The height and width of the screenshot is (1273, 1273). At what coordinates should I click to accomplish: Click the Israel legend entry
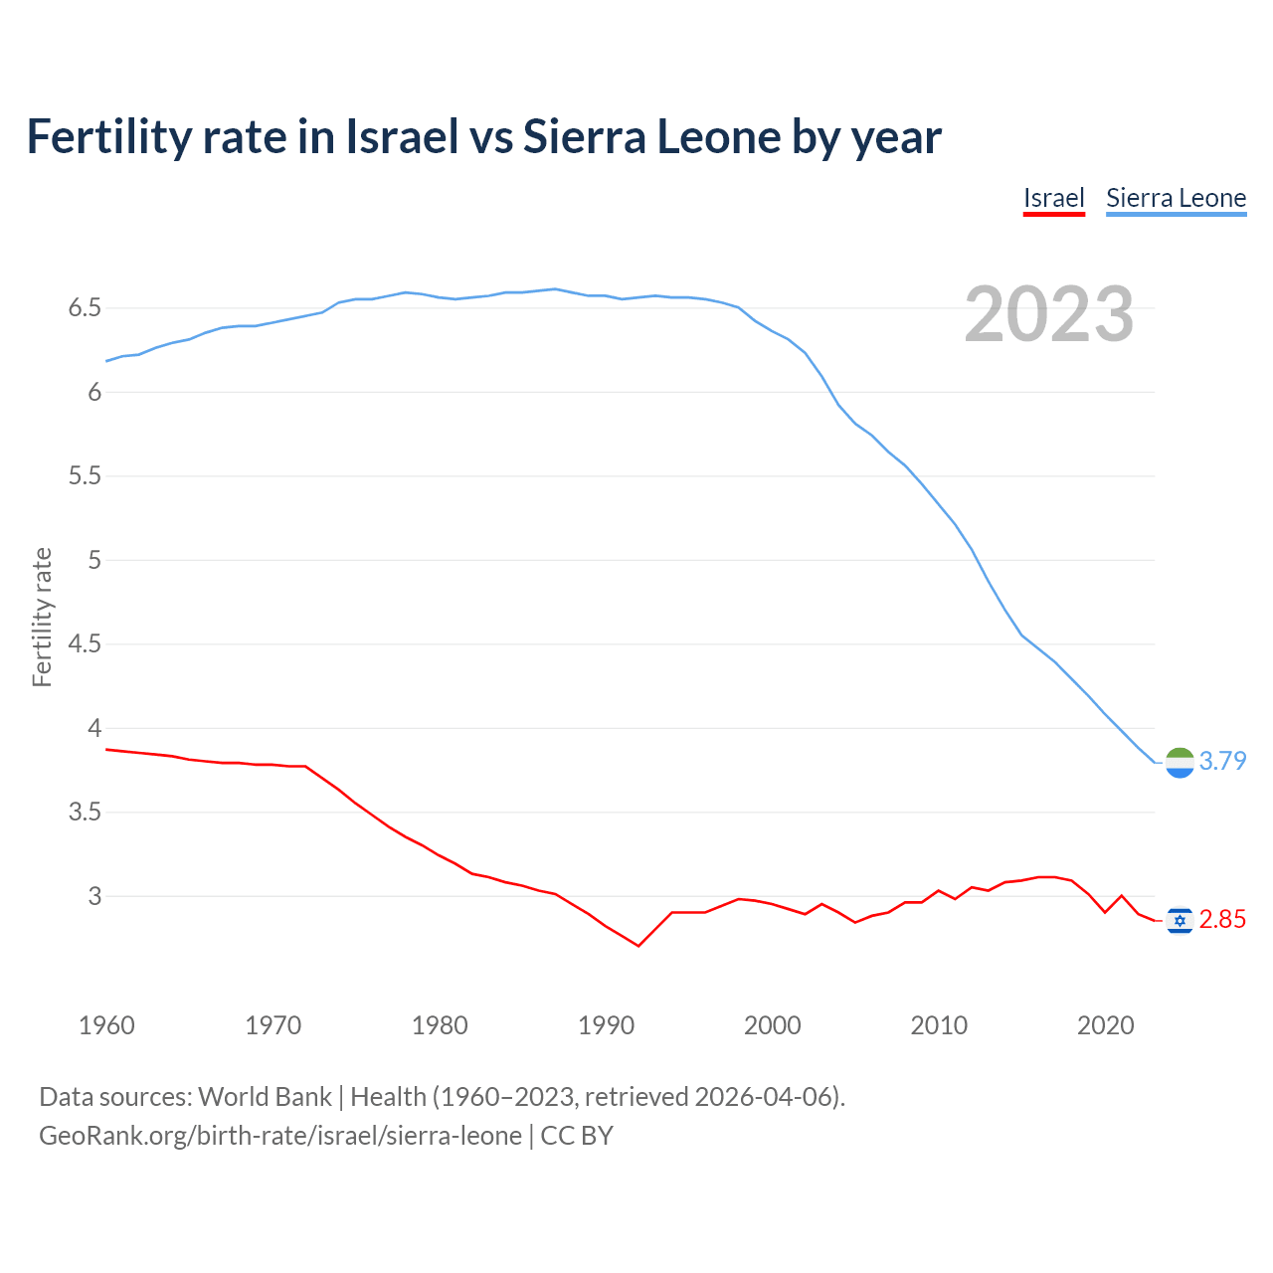[1053, 198]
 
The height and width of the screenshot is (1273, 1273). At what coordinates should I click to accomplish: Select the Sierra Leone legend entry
[1176, 198]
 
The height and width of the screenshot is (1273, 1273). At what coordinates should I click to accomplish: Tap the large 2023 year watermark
[1048, 314]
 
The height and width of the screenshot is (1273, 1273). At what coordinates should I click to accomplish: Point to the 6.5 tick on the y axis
[85, 308]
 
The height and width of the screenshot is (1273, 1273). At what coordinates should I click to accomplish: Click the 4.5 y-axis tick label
[85, 644]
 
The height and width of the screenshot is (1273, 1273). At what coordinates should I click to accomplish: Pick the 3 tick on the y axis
[94, 896]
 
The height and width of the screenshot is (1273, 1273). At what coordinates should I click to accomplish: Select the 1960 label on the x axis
[106, 1025]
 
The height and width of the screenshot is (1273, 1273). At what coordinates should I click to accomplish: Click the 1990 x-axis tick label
[606, 1025]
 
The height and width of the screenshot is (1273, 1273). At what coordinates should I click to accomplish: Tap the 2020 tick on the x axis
[1105, 1025]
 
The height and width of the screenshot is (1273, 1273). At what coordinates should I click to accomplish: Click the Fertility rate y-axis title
[42, 617]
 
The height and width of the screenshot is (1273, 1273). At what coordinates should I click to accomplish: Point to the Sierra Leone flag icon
[1180, 762]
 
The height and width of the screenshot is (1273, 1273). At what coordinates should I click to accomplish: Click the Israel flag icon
[1180, 921]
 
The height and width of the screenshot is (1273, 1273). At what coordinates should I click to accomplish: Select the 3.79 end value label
[1222, 762]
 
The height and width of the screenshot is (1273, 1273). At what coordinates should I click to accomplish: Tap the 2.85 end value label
[1222, 920]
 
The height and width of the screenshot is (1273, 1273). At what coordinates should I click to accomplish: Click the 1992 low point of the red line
[638, 945]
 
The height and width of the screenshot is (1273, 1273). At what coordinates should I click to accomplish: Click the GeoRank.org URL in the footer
[279, 1136]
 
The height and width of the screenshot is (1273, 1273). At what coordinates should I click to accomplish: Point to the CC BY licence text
[577, 1136]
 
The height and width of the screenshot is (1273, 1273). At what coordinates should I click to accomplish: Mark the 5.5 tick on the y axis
[85, 476]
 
